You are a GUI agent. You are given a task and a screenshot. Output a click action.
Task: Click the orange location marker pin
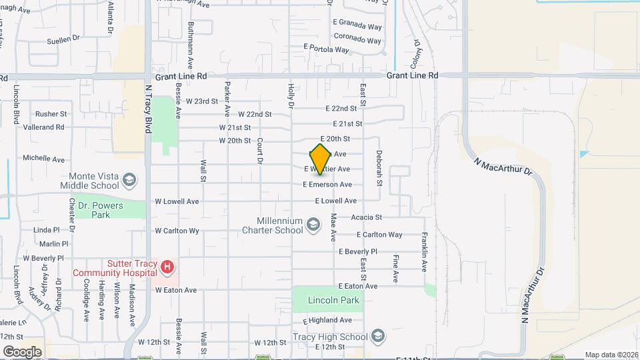tap(321, 159)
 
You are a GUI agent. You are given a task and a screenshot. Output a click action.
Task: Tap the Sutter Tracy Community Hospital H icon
tap(167, 267)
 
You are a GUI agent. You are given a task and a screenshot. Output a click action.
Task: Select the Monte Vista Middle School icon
tap(129, 179)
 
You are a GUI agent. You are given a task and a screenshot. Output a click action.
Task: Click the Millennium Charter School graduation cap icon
tap(313, 225)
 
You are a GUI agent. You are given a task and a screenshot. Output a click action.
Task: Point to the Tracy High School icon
tap(379, 335)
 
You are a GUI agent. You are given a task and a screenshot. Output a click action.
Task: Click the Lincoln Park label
tap(333, 300)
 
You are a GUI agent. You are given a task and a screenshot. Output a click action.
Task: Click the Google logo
tap(22, 351)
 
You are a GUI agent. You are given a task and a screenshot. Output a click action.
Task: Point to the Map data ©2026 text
tap(611, 355)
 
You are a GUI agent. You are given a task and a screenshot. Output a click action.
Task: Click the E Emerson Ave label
tap(327, 184)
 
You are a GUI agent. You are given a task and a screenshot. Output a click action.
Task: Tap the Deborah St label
tap(378, 169)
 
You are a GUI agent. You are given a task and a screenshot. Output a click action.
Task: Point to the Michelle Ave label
tap(43, 159)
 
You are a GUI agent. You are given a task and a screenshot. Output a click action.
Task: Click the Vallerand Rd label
tap(43, 127)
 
